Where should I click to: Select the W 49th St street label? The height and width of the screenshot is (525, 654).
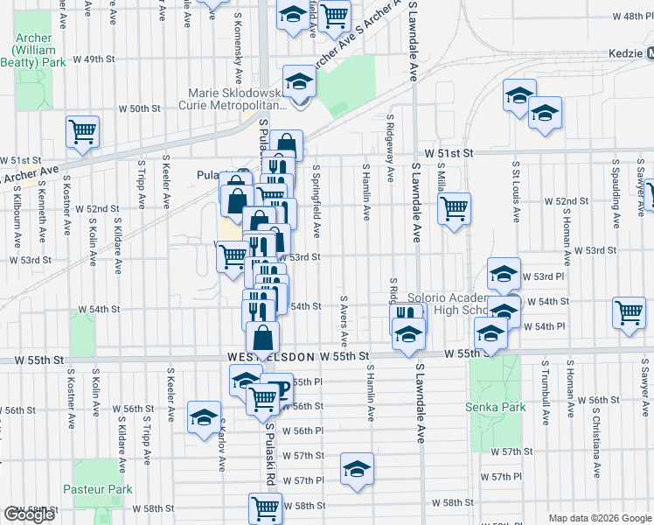tap(94, 59)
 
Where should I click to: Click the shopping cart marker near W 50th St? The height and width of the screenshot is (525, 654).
tap(83, 132)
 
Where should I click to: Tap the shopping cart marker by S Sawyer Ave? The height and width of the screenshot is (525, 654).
tap(630, 312)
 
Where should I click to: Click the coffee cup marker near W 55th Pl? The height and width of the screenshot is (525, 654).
tap(278, 388)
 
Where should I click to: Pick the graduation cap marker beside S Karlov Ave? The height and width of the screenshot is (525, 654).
tap(204, 416)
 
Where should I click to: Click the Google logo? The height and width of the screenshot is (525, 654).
tap(29, 514)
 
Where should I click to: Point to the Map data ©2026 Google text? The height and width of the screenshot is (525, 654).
tap(600, 517)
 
